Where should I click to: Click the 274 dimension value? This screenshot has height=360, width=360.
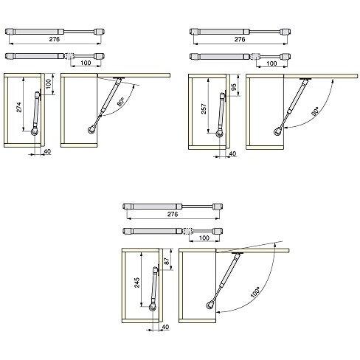tap(19, 107)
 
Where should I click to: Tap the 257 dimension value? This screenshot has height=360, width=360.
tap(204, 108)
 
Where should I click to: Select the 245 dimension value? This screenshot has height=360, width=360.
tap(137, 283)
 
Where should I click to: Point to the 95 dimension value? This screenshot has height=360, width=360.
tap(234, 87)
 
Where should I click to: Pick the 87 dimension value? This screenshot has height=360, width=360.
tap(167, 261)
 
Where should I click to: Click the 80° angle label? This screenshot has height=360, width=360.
tap(121, 101)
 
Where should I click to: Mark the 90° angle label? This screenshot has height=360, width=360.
tap(315, 111)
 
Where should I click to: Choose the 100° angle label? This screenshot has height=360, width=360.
tap(255, 292)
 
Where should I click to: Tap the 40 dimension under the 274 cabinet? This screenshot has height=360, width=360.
tap(47, 151)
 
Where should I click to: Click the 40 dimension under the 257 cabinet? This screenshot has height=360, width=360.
tap(232, 153)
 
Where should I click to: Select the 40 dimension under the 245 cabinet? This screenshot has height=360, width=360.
tap(165, 327)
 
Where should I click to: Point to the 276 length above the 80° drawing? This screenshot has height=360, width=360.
tap(55, 39)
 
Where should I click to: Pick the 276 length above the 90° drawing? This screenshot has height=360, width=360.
tap(240, 39)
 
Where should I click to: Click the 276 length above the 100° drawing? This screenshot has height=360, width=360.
tap(173, 214)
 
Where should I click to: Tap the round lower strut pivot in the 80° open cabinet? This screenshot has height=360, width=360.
tap(92, 129)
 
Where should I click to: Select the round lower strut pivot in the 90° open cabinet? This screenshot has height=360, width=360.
tap(278, 131)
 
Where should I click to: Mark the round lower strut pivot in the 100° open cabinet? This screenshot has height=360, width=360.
tap(210, 305)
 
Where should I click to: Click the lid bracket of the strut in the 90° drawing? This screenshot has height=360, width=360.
tap(305, 79)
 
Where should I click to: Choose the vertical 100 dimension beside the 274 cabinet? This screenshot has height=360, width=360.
tap(49, 84)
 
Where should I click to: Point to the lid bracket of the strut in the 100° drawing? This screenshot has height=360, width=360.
tap(238, 253)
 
